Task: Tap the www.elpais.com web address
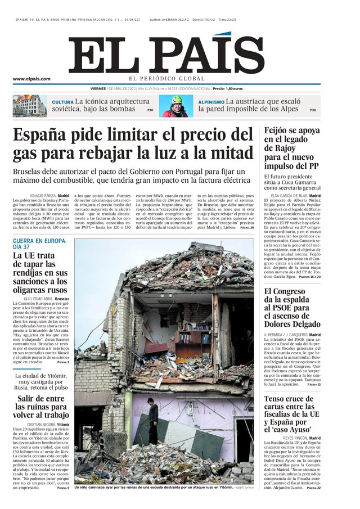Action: point(31,79)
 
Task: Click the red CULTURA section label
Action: point(62,102)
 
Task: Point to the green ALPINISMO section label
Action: point(211,102)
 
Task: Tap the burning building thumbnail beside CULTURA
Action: point(30,106)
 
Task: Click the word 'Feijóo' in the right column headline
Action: point(280,130)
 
